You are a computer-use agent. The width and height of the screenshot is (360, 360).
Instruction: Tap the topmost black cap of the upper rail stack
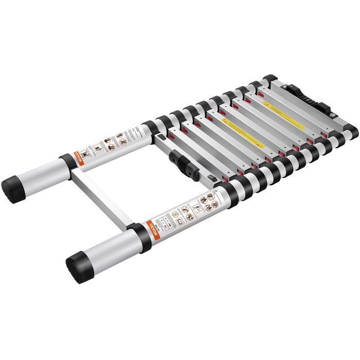269,78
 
